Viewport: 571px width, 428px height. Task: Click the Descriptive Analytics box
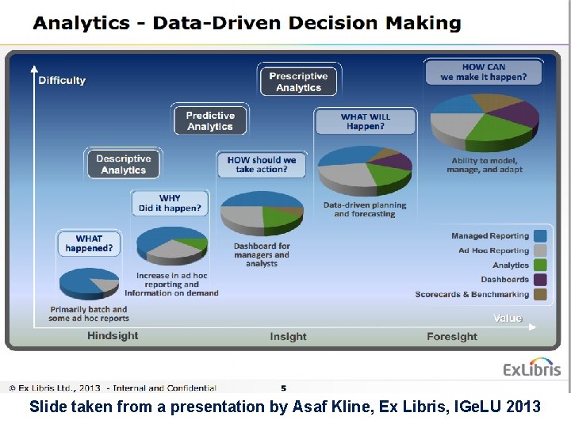pyautogui.click(x=124, y=164)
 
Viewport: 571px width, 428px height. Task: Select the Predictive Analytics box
pyautogui.click(x=210, y=120)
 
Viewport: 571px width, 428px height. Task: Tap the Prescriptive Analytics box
pyautogui.click(x=298, y=82)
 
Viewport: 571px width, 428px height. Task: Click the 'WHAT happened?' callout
pyautogui.click(x=89, y=243)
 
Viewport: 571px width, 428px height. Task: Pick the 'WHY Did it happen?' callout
pyautogui.click(x=170, y=203)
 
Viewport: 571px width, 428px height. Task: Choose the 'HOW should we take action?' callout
pyautogui.click(x=262, y=165)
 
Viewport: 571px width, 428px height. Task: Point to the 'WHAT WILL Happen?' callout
pyautogui.click(x=365, y=121)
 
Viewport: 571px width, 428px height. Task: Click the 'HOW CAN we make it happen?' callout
pyautogui.click(x=483, y=72)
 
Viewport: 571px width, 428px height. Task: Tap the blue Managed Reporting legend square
pyautogui.click(x=540, y=235)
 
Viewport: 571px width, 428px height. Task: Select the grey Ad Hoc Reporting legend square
pyautogui.click(x=540, y=250)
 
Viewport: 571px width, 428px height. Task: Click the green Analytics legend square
pyautogui.click(x=540, y=265)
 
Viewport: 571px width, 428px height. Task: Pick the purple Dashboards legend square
pyautogui.click(x=540, y=279)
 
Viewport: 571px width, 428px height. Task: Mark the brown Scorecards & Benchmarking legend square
pyautogui.click(x=540, y=294)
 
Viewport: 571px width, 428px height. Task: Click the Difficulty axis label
pyautogui.click(x=62, y=80)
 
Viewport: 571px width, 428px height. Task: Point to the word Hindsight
pyautogui.click(x=113, y=336)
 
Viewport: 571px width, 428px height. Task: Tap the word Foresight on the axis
pyautogui.click(x=452, y=336)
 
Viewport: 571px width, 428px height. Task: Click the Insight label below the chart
pyautogui.click(x=288, y=336)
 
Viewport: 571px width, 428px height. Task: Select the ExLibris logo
pyautogui.click(x=531, y=368)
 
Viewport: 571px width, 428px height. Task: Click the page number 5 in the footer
pyautogui.click(x=284, y=388)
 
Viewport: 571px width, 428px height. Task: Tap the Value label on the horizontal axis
pyautogui.click(x=508, y=318)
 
